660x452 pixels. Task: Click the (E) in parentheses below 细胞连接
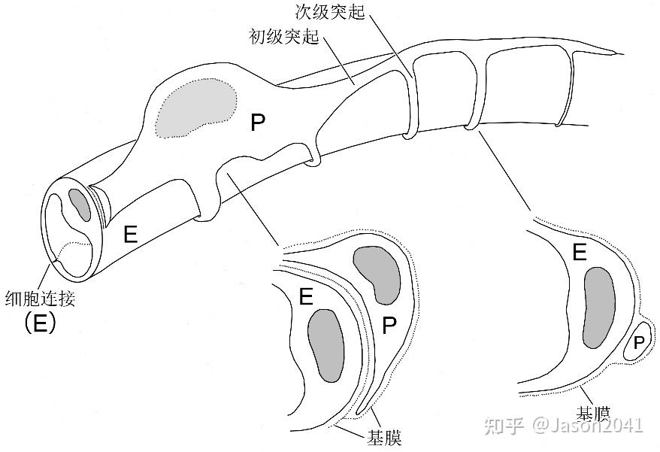tap(40, 324)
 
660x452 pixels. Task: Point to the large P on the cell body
tap(258, 123)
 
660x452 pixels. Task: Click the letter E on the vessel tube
tap(130, 235)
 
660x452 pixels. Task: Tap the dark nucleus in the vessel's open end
tap(79, 205)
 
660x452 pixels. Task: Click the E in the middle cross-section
tap(305, 296)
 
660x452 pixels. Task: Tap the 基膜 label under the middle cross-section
tap(383, 436)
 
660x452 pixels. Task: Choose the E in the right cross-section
tap(579, 253)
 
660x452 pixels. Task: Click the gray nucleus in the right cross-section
tap(599, 307)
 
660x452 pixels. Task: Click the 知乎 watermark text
tap(504, 426)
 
